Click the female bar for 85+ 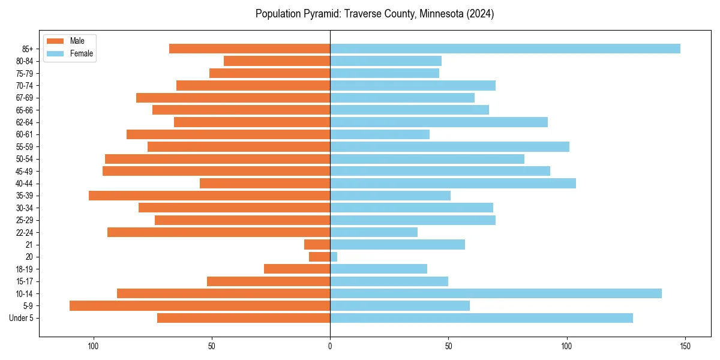tap(504, 49)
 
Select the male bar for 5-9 tap(200, 305)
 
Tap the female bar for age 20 tap(334, 257)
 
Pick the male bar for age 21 tap(317, 244)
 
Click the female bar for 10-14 tap(496, 293)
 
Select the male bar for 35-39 tap(209, 196)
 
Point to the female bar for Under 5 tap(481, 318)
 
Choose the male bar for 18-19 tap(297, 269)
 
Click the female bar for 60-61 tap(380, 134)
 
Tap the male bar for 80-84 tap(277, 61)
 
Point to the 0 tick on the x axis tap(330, 346)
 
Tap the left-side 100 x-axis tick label tap(93, 346)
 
